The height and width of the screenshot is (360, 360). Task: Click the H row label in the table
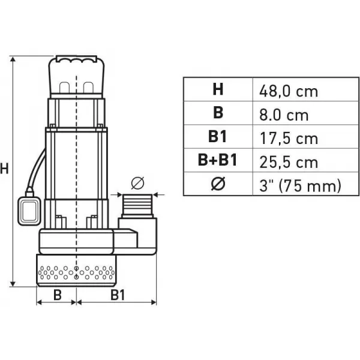coord(217,90)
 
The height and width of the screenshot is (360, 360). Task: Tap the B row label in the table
coord(217,114)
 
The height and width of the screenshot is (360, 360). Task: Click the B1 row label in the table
coord(217,137)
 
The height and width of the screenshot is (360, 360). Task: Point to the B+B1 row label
coord(217,161)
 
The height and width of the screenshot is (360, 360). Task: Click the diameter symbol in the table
coord(217,184)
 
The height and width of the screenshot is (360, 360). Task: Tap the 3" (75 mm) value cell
coord(300,185)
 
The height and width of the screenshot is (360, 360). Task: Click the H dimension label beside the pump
coord(5,169)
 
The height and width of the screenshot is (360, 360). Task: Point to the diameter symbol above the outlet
coord(137,182)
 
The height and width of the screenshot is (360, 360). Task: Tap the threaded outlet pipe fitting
coord(138,207)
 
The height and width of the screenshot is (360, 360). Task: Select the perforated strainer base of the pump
coord(76,269)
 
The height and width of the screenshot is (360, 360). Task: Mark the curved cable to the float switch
coord(35,168)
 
